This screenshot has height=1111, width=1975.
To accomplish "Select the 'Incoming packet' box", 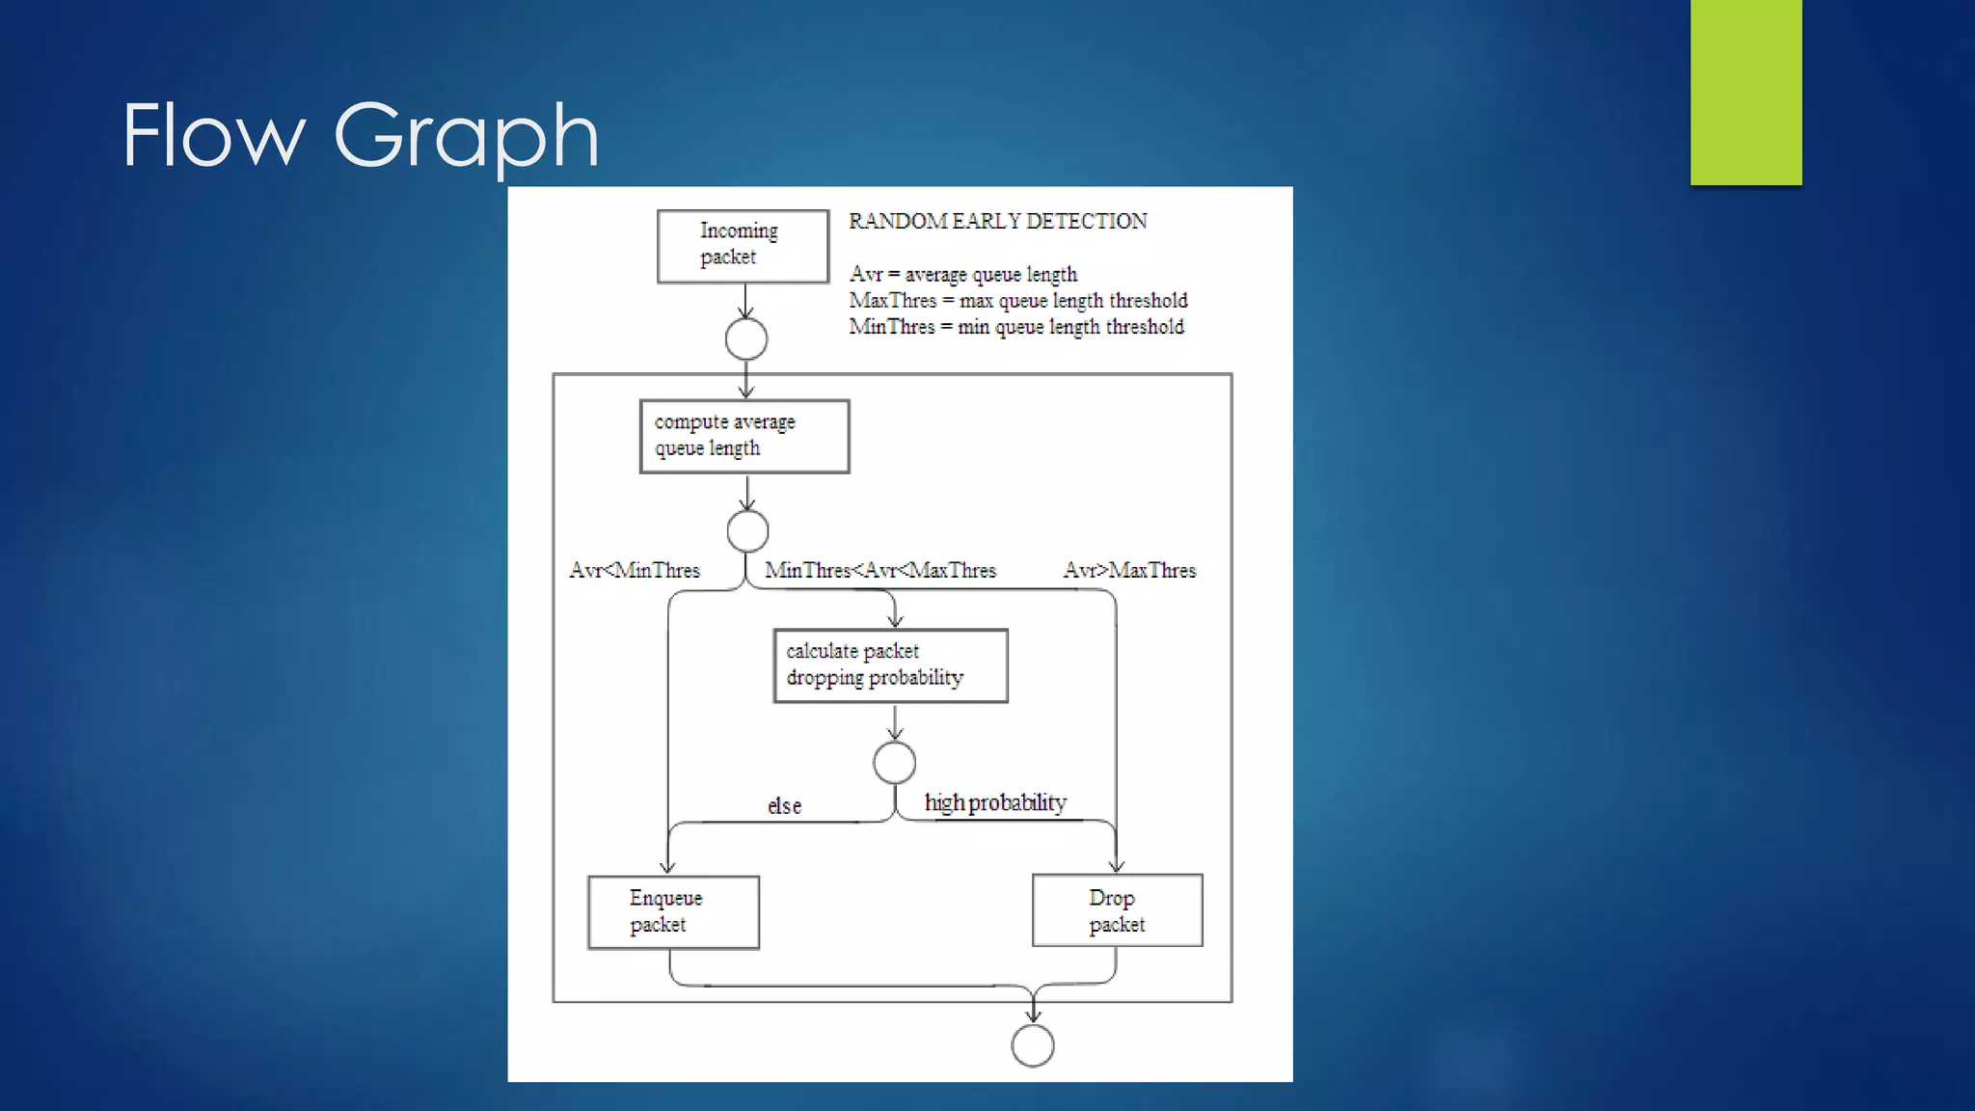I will click(x=743, y=246).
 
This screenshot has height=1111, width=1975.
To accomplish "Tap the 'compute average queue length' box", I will click(x=744, y=436).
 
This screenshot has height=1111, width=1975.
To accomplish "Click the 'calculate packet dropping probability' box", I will click(x=890, y=665).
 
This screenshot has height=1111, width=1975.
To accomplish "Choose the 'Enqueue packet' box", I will click(x=673, y=911).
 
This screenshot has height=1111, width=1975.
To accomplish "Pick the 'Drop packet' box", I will click(x=1117, y=910).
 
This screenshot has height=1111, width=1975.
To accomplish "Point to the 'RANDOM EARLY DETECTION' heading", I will click(x=997, y=221).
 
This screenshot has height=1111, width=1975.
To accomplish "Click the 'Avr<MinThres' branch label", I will click(x=635, y=570).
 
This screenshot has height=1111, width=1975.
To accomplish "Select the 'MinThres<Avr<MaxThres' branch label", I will click(x=879, y=570).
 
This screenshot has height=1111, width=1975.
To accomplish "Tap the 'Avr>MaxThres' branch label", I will click(x=1129, y=570).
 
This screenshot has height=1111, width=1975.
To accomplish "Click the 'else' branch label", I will click(x=784, y=805).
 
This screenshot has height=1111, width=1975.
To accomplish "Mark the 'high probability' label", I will click(x=995, y=802).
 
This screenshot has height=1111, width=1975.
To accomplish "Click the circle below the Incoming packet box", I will click(x=746, y=339).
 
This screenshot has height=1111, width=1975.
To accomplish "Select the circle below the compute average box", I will click(x=747, y=530).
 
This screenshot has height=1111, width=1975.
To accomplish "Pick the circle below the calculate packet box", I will click(x=894, y=763).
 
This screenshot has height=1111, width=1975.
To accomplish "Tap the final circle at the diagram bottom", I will click(x=1033, y=1045).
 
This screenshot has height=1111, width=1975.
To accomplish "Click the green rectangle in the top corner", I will click(x=1745, y=92).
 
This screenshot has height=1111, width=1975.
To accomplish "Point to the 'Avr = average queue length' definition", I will click(x=962, y=275).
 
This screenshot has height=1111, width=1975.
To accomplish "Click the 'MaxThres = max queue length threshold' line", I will click(x=1018, y=301).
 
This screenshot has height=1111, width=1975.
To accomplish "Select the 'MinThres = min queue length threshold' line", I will click(x=1016, y=327).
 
